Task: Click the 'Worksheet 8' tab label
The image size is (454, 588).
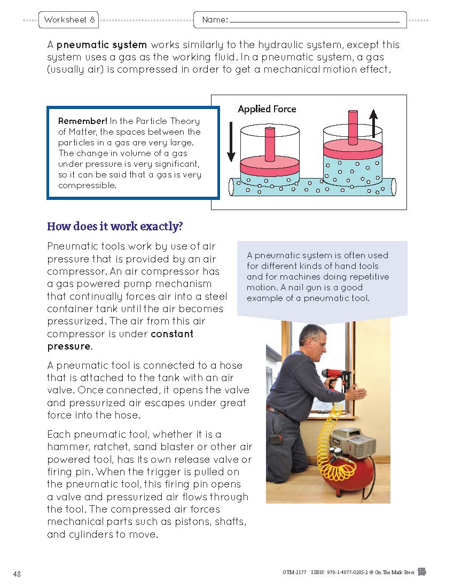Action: [x=69, y=20]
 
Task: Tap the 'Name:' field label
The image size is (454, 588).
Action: [x=215, y=20]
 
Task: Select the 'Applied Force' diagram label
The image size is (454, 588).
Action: [x=267, y=109]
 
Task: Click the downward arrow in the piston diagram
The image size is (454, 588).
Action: [x=231, y=142]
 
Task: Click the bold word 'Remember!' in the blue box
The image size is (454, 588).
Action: [x=83, y=120]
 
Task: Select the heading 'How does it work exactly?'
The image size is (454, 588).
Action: [x=115, y=226]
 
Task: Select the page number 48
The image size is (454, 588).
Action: [x=17, y=574]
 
